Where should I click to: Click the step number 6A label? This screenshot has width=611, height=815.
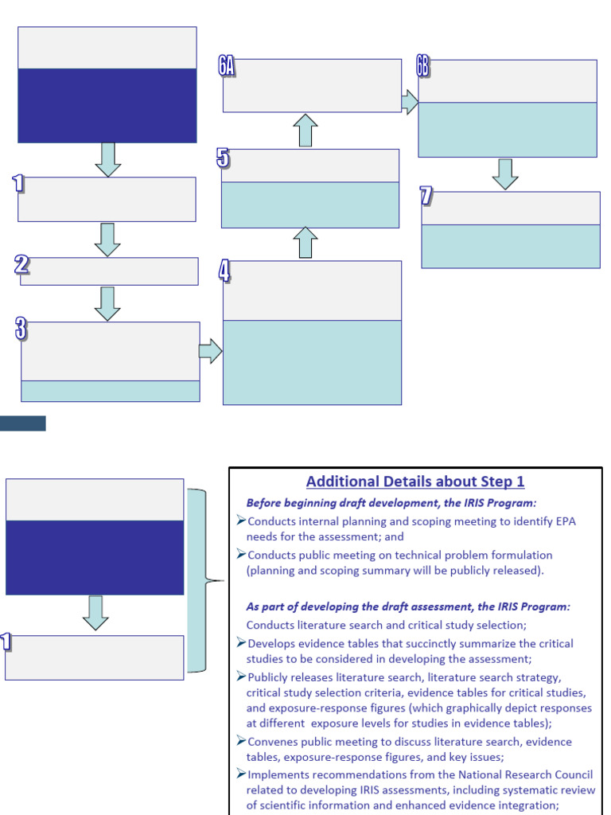(x=227, y=66)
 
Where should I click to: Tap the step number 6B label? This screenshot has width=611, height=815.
(x=423, y=67)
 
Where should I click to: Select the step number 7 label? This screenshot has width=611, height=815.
(x=426, y=196)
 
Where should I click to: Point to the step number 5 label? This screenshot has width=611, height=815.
(x=224, y=158)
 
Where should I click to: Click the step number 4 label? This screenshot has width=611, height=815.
(x=224, y=271)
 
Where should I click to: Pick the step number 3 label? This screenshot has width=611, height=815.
(x=20, y=329)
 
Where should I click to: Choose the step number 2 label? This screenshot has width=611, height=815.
(x=22, y=265)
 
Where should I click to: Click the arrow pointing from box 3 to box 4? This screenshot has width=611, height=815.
(x=210, y=351)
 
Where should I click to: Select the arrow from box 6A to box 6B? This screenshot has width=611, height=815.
(x=410, y=101)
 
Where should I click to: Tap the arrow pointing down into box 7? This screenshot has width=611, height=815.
(x=505, y=174)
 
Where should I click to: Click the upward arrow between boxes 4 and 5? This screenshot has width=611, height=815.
(x=305, y=243)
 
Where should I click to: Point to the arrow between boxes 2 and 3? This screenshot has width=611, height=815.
(x=107, y=303)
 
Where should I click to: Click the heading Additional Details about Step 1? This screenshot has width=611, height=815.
(x=415, y=482)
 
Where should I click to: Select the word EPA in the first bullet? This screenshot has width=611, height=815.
(x=562, y=521)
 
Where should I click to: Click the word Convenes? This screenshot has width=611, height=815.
(x=276, y=741)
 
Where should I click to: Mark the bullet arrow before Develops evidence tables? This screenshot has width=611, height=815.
(x=241, y=643)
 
